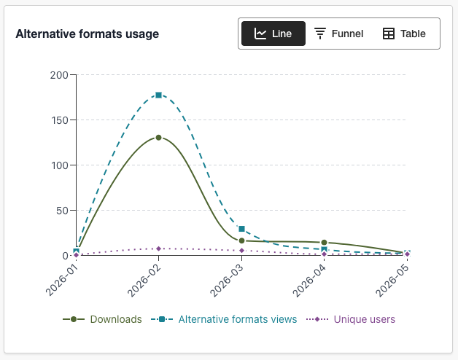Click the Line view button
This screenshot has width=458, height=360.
273,34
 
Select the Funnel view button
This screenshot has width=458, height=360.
339,34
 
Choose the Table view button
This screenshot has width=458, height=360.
404,34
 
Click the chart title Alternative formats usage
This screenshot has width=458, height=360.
88,34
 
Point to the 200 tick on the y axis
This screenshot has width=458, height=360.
59,75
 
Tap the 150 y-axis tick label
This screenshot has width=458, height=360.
60,120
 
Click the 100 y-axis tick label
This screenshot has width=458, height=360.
60,165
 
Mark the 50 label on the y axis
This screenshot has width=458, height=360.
62,211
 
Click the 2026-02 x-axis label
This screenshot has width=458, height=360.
144,281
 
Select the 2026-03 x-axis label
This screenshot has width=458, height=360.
227,281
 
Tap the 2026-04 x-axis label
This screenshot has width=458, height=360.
309,281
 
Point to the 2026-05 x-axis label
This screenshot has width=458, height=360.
392,281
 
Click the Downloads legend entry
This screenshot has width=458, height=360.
102,319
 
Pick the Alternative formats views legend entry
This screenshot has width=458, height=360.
224,319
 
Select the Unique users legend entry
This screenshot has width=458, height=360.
351,319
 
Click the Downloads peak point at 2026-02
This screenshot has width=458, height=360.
158,138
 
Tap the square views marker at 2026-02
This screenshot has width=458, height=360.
158,95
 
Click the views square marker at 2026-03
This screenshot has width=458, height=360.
241,229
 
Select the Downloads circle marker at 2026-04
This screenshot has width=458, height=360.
324,243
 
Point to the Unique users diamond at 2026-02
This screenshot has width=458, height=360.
158,249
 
